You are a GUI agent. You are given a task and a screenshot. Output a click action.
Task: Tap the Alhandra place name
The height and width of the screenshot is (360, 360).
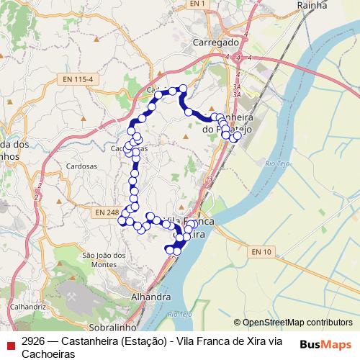pos(151,296)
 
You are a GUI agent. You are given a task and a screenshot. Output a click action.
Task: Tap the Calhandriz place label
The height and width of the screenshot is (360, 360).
pos(28,306)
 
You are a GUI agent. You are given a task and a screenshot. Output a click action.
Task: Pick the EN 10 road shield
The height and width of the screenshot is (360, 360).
pos(262,251)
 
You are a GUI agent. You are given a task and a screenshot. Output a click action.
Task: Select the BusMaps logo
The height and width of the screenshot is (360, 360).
pos(325,343)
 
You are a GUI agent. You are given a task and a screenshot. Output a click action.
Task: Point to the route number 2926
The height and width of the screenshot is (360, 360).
pos(35,341)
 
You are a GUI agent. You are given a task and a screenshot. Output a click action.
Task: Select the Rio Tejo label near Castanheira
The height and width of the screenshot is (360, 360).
pos(276,165)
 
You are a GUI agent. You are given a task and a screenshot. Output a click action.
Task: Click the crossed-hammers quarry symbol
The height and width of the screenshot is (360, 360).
pos(72,294)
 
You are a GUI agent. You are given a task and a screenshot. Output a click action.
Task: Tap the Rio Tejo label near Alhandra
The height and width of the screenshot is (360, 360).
pos(181,315)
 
